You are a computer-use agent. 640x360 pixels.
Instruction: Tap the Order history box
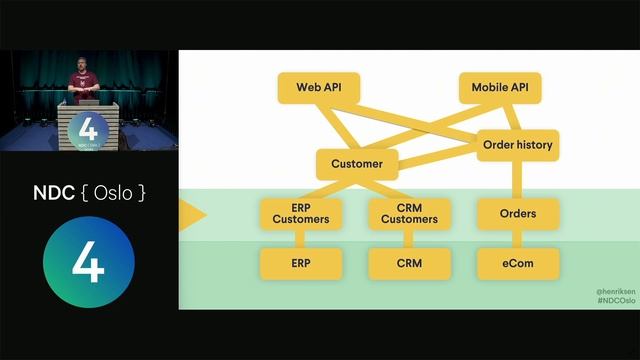517,145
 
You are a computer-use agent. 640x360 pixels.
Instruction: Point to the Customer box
357,163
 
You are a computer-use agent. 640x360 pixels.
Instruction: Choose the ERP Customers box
301,213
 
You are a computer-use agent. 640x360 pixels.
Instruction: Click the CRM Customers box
409,213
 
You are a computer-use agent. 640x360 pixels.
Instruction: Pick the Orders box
517,213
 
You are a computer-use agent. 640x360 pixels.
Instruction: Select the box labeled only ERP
301,264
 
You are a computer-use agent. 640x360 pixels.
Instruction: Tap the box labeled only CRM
409,264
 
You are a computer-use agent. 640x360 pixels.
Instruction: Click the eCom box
517,264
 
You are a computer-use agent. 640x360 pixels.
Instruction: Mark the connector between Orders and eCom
517,238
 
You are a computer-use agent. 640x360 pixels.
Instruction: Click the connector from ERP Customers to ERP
301,238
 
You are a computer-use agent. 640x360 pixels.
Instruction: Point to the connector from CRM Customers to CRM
409,238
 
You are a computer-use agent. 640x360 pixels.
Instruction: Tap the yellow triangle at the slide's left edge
191,214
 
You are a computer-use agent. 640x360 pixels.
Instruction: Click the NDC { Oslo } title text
89,193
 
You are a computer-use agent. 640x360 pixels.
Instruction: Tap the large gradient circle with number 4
89,262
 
